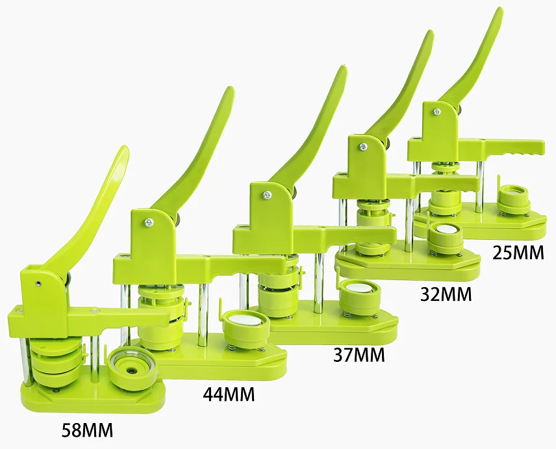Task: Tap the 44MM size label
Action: click(x=227, y=394)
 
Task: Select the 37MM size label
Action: click(x=358, y=355)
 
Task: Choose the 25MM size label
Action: click(x=518, y=252)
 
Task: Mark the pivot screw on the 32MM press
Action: click(x=363, y=147)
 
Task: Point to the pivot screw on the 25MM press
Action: click(x=437, y=112)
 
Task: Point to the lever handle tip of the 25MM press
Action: click(x=499, y=13)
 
